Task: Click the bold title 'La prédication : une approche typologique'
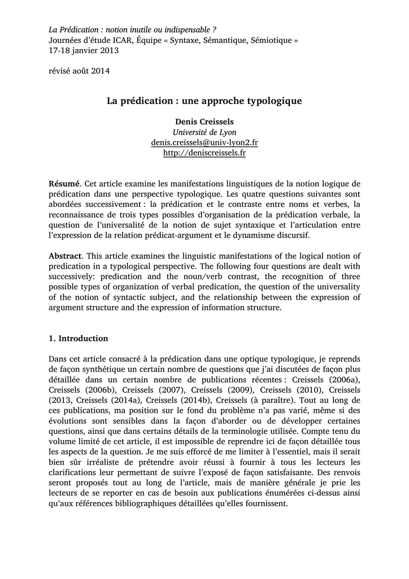point(204,101)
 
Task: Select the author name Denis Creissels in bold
point(204,122)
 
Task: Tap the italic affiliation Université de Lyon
point(204,132)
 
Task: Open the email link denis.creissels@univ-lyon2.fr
point(204,143)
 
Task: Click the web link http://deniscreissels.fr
point(204,153)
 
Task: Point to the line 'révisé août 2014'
point(79,71)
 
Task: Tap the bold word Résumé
point(64,184)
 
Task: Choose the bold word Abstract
point(65,257)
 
